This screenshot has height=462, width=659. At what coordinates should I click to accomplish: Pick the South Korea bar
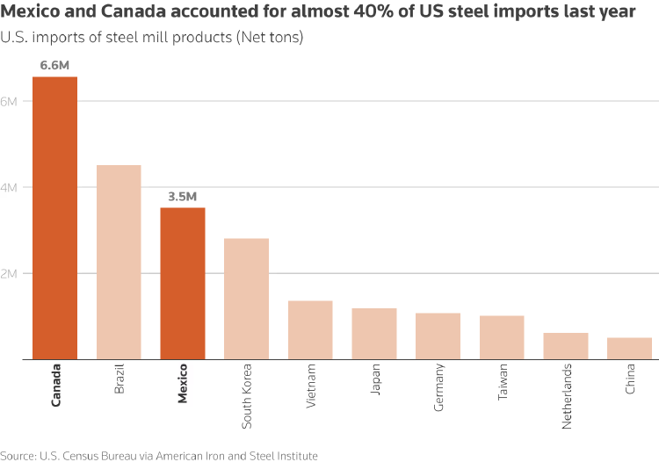246,299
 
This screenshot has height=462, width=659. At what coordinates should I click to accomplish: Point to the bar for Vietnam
310,330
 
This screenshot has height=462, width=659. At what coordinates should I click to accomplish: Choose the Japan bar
374,334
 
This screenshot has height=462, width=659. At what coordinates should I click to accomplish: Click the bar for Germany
438,336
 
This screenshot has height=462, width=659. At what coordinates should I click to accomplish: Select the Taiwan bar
502,337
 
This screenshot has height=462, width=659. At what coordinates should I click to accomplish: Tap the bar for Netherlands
565,346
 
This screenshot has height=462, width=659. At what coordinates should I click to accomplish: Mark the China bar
629,349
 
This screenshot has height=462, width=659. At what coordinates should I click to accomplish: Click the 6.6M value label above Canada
54,66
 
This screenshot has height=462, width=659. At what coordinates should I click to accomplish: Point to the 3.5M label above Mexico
182,197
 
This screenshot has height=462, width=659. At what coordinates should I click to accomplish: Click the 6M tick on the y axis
10,101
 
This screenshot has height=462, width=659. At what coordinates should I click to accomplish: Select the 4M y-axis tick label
10,187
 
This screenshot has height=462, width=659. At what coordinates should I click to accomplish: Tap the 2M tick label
10,273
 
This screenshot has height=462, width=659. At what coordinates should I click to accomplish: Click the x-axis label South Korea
247,395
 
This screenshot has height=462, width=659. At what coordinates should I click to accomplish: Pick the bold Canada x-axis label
56,385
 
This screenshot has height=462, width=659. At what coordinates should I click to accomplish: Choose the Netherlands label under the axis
567,396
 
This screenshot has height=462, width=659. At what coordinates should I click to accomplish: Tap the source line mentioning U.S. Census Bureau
159,455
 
